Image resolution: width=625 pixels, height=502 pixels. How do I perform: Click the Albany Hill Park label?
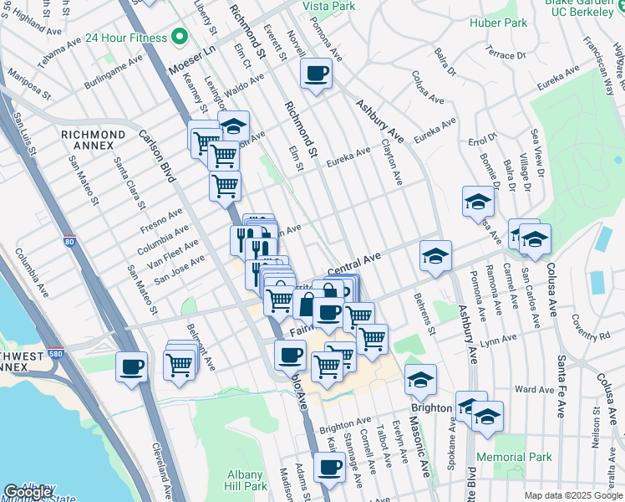[246, 480]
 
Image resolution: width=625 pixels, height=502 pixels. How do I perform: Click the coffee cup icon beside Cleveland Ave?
[132, 366]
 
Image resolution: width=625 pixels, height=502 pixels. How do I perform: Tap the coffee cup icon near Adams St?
[330, 466]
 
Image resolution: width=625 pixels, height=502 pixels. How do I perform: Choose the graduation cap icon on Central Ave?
[435, 255]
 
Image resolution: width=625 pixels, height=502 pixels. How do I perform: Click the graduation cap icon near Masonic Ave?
[420, 379]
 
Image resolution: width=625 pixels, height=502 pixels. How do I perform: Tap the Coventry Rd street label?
[592, 336]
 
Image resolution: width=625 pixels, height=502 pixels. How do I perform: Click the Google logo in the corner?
[28, 492]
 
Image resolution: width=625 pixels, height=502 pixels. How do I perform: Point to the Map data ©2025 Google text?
[572, 495]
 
